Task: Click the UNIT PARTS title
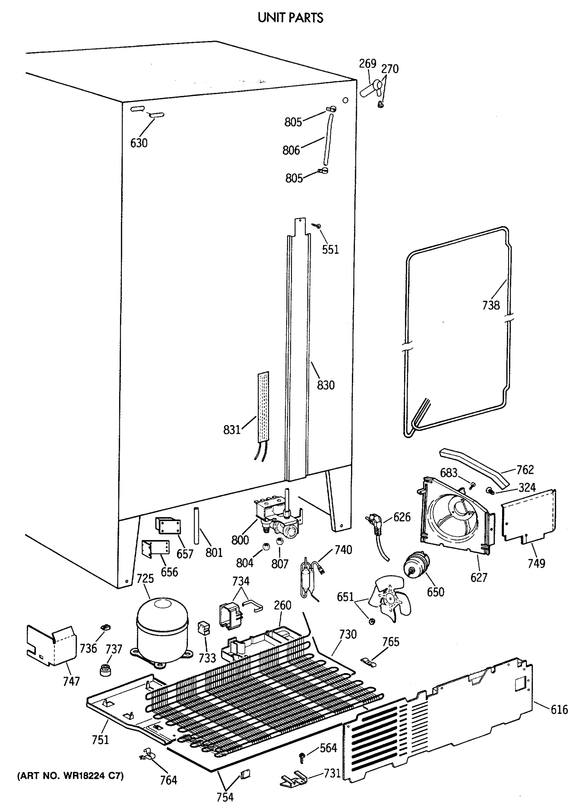(x=290, y=18)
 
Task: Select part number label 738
(x=490, y=305)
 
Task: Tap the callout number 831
(x=232, y=430)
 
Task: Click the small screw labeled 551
(x=317, y=225)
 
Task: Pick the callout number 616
(x=559, y=710)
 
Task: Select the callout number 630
(x=139, y=143)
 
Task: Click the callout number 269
(x=368, y=64)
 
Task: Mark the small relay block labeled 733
(x=204, y=628)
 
